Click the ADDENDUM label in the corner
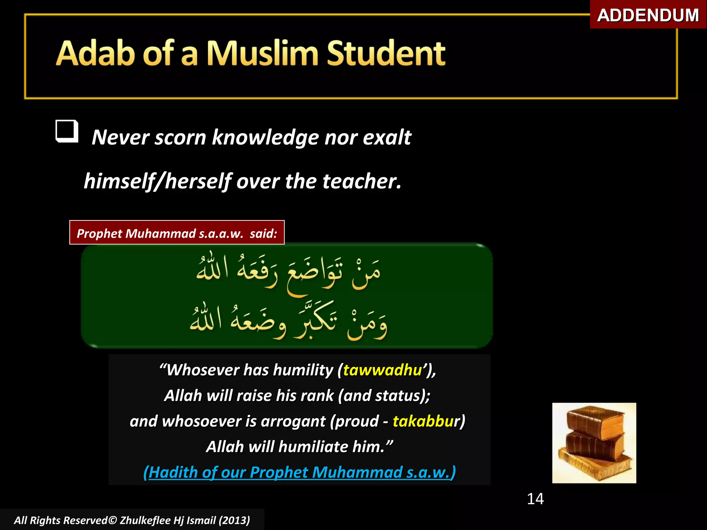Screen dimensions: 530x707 648,15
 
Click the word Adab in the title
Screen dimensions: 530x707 95,53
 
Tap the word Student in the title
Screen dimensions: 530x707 386,53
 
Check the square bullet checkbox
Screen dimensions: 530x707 67,131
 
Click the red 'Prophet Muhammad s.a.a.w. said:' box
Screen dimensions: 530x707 177,233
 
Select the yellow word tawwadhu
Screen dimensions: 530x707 382,370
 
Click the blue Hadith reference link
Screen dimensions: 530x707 299,472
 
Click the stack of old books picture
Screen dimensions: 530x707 594,443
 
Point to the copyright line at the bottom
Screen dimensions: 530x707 132,520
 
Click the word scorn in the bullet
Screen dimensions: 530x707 180,138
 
